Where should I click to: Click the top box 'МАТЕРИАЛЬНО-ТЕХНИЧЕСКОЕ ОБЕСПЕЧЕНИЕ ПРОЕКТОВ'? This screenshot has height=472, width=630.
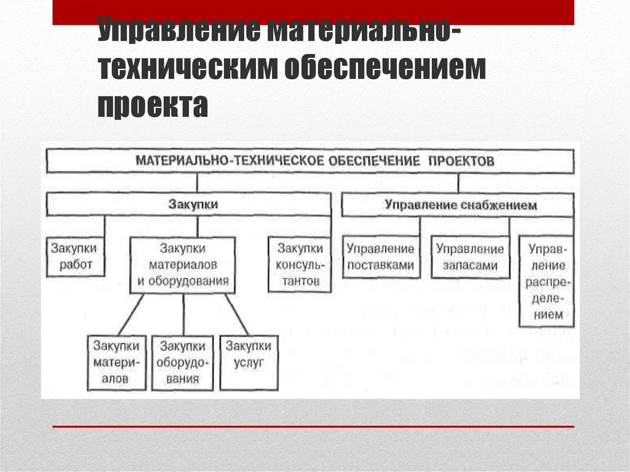(x=311, y=161)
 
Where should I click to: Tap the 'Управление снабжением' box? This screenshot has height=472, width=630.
(x=459, y=205)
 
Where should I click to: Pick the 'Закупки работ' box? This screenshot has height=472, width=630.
(x=74, y=257)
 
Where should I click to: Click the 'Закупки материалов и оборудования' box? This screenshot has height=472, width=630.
(x=183, y=265)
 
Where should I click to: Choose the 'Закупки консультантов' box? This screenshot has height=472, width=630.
(x=300, y=265)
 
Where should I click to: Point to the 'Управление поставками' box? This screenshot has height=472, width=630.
(x=380, y=257)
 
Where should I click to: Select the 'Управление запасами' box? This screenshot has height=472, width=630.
(x=469, y=257)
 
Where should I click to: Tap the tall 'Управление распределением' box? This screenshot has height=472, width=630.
(x=546, y=281)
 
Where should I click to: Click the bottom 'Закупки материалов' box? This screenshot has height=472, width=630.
(x=116, y=362)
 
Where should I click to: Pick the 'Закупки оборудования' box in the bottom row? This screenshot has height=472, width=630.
(x=182, y=362)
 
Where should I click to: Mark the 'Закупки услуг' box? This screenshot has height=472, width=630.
(x=248, y=362)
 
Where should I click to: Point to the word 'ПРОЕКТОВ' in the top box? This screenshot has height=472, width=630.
(x=459, y=161)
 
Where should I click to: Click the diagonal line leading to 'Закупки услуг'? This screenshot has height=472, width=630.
(x=237, y=314)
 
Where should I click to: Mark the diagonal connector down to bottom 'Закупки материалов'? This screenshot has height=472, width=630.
(x=130, y=314)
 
